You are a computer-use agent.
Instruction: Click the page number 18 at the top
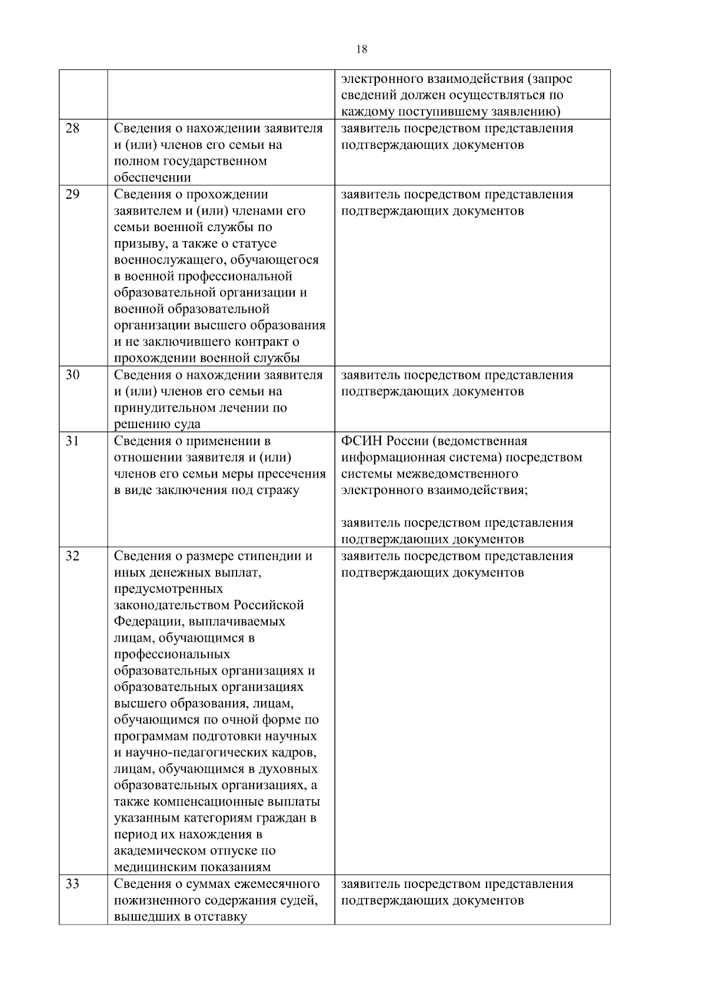(362, 50)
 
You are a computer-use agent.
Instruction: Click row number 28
(72, 129)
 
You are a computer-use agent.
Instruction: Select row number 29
(72, 195)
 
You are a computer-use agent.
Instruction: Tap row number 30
(72, 375)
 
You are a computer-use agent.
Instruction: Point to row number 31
(72, 441)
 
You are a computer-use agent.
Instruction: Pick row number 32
(72, 556)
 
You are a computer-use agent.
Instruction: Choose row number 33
(72, 884)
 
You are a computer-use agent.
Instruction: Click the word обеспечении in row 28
(152, 178)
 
